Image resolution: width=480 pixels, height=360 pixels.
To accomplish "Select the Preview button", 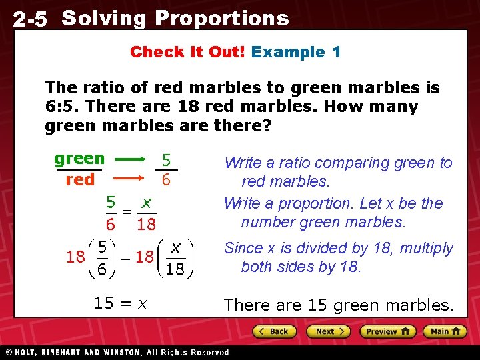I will pos(388,331).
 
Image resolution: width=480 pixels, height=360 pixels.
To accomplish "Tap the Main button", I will pos(445,331).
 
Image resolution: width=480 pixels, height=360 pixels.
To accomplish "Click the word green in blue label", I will pos(79,159).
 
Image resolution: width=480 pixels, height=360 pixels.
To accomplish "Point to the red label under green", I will pos(80,180).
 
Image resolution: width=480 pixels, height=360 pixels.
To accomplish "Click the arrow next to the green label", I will pos(129,159).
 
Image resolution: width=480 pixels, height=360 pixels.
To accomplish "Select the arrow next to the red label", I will pos(129,179).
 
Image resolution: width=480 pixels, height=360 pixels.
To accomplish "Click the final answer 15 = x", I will pos(121,303).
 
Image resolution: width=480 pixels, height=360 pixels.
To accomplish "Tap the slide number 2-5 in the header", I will pos(31,20).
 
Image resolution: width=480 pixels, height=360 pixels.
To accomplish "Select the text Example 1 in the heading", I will pos(296,52).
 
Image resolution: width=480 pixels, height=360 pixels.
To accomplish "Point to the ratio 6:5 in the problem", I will pos(55,107).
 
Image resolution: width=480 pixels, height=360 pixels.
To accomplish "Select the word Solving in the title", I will pos(103,19).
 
